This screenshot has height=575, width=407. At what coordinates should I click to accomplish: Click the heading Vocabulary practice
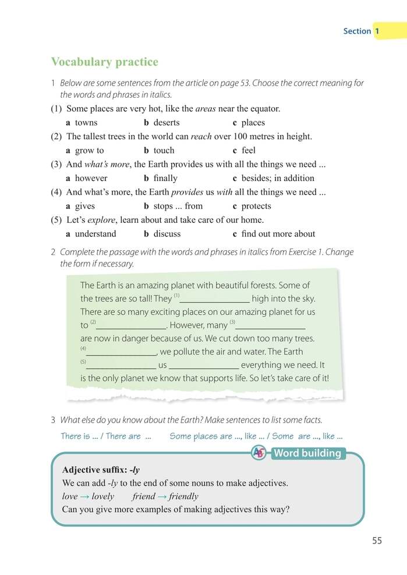(104, 62)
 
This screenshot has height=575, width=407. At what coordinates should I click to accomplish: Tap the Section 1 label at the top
(362, 31)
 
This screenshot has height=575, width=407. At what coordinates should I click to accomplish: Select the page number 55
(377, 541)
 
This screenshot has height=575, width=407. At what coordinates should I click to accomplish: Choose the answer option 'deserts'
(166, 123)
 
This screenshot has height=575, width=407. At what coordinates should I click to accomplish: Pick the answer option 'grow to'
(89, 151)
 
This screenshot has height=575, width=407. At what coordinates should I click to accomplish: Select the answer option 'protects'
(256, 206)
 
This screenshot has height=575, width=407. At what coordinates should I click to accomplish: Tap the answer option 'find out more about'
(278, 234)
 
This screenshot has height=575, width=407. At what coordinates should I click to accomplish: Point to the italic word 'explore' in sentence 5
(101, 220)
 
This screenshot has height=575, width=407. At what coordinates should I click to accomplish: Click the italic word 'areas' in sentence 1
(206, 108)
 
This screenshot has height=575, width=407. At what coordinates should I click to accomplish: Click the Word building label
(307, 453)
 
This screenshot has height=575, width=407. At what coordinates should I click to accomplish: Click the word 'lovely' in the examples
(101, 496)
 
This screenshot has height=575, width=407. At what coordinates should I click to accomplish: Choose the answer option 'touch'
(163, 151)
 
